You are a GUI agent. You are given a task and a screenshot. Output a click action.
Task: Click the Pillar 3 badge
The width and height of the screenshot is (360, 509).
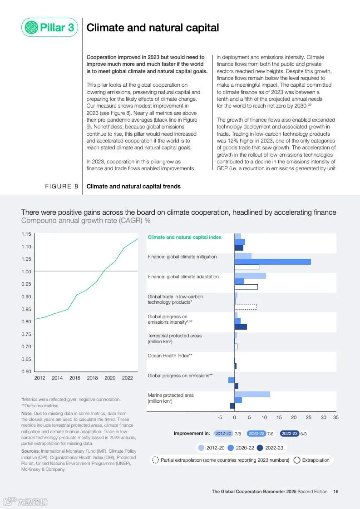coord(49,28)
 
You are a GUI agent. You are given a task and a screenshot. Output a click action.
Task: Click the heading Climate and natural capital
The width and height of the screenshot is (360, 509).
coord(153,28)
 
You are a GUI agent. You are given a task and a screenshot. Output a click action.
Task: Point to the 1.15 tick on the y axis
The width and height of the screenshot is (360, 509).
coord(26,234)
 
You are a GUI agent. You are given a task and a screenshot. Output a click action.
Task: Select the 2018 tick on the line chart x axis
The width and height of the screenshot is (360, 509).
coord(92,378)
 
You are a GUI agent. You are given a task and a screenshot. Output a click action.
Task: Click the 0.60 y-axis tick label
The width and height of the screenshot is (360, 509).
coord(26,371)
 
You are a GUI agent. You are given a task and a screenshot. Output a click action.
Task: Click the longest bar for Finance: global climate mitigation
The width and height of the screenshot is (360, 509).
coord(272,262)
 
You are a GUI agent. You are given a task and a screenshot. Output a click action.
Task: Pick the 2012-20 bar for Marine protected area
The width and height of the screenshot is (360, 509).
coord(252,394)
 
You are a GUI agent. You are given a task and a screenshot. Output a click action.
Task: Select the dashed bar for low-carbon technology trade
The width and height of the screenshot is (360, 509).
coord(246,307)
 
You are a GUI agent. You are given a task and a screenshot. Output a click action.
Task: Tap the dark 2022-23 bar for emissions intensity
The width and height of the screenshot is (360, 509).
coord(241,326)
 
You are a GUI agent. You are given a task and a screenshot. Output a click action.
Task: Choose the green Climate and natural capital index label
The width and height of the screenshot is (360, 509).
coord(184,237)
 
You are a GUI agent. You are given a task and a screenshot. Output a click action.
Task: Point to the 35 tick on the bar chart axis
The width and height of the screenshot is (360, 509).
coord(335,417)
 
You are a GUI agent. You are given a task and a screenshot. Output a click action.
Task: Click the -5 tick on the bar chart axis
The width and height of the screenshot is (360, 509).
coord(220,417)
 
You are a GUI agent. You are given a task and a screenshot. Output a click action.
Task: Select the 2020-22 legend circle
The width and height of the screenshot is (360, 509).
coord(231,448)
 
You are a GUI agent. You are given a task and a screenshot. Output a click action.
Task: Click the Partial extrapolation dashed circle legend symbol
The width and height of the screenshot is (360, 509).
coord(155,460)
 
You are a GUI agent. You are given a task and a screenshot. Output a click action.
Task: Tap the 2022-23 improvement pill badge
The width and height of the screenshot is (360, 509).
coord(289,434)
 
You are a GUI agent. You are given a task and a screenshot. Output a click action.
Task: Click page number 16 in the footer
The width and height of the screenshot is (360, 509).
coord(335,491)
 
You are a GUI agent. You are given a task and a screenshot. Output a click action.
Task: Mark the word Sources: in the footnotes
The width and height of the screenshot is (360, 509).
coord(30,451)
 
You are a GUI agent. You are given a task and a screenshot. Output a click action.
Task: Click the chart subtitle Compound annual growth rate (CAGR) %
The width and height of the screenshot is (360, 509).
coord(86,221)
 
